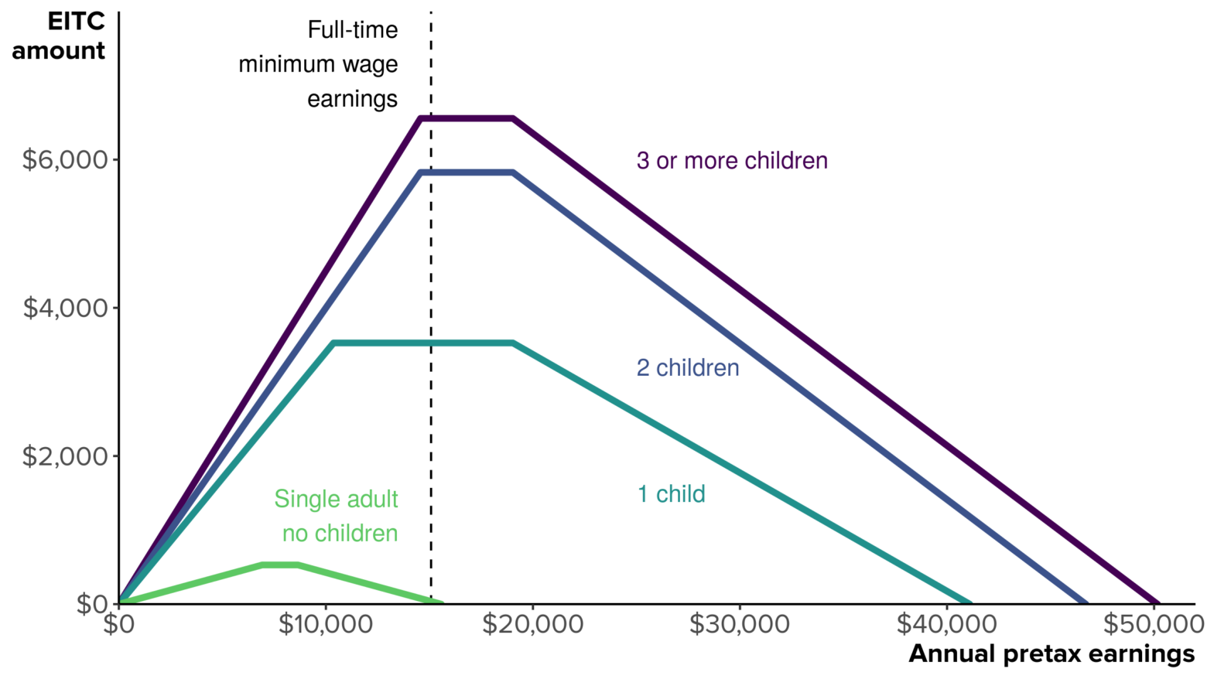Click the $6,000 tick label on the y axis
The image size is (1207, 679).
(x=65, y=160)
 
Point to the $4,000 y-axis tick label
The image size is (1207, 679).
(x=65, y=308)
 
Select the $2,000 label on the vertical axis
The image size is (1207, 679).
(x=65, y=456)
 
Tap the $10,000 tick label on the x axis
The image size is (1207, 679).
(x=326, y=624)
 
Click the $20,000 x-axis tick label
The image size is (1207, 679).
(x=532, y=624)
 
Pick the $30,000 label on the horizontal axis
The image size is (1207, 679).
(x=740, y=624)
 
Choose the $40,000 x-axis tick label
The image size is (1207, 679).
(x=946, y=624)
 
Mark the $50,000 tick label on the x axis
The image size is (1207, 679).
(x=1153, y=624)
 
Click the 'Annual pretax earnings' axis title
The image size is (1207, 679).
(x=1051, y=654)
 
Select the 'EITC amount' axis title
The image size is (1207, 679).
(x=59, y=36)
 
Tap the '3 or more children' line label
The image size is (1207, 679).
(x=732, y=161)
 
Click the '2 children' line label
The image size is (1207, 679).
(x=688, y=367)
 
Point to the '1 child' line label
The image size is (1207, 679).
(x=671, y=494)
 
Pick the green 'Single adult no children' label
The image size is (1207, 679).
(x=337, y=516)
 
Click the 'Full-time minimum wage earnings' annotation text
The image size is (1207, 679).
(x=319, y=64)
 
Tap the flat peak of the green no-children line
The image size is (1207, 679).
(x=280, y=565)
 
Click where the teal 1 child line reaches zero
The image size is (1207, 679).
(x=970, y=602)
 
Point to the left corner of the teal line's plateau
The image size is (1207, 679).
(x=333, y=343)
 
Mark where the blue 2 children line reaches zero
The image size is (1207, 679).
(x=1086, y=602)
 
